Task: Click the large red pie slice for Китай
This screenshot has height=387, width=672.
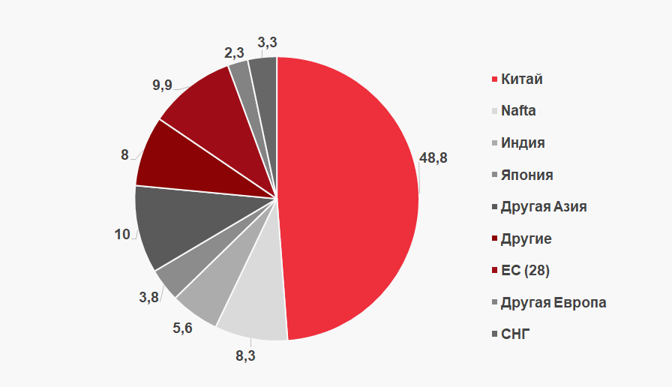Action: click(349, 195)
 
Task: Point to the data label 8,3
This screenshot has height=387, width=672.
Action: click(245, 356)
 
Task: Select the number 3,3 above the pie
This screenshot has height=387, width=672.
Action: click(267, 41)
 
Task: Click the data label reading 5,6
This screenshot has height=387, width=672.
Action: click(182, 328)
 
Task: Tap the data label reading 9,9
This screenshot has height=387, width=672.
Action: click(162, 85)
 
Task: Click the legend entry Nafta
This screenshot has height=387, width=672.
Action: click(518, 111)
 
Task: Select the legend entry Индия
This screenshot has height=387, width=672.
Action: click(523, 142)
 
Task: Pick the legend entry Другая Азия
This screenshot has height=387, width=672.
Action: click(543, 206)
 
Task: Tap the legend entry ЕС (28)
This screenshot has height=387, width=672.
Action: click(530, 270)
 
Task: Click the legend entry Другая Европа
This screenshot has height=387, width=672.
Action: click(553, 302)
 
